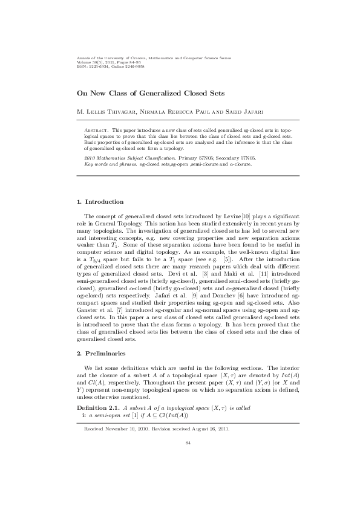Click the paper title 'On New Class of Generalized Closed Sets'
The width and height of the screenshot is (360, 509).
pyautogui.click(x=149, y=94)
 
